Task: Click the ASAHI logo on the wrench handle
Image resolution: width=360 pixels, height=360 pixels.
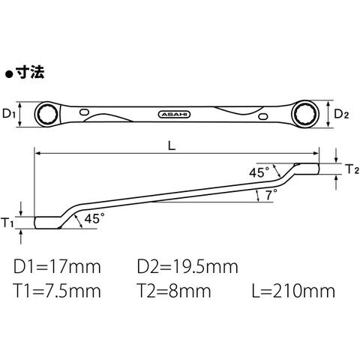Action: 175,115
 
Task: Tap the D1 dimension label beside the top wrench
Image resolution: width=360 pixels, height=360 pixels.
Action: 9,114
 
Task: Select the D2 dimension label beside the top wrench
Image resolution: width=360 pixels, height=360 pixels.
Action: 341,114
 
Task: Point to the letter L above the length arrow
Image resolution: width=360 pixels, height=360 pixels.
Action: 172,145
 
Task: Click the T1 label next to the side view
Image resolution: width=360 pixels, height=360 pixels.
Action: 7,222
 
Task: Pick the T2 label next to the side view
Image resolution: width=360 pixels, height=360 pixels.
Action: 353,169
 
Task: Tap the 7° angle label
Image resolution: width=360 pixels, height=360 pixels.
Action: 271,194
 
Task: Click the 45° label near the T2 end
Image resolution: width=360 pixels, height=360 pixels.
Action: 259,172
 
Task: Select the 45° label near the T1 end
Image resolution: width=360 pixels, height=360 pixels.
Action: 94,218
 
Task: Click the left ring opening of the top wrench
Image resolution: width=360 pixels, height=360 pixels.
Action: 48,115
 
